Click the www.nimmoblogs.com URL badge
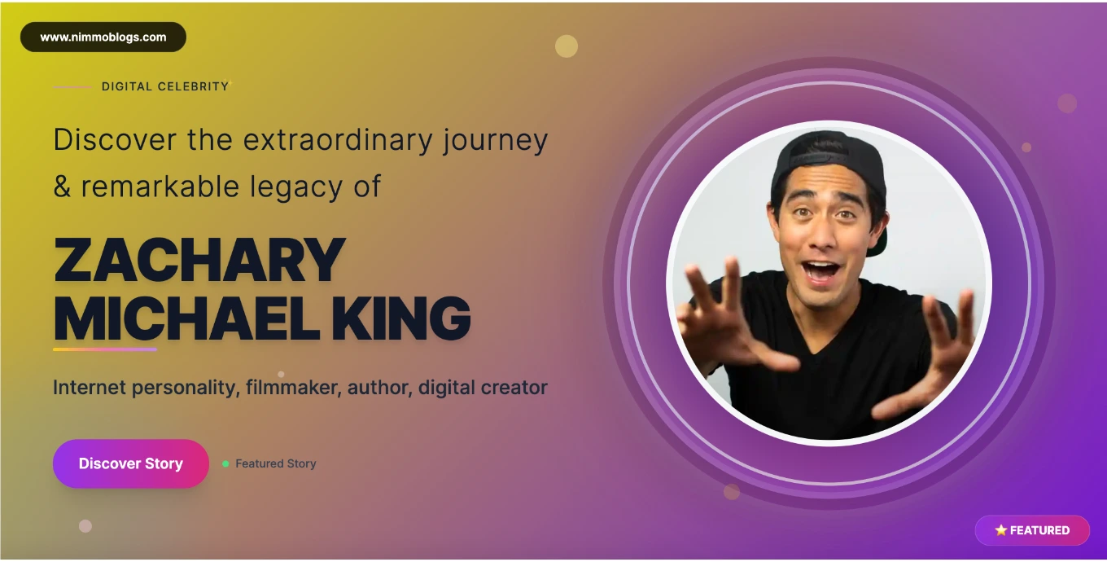click(x=103, y=37)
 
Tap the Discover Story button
click(x=131, y=463)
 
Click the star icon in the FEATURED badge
click(x=1000, y=530)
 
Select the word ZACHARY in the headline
click(x=199, y=260)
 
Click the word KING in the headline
click(x=400, y=318)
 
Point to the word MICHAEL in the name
click(x=186, y=318)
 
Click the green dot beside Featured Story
click(x=225, y=463)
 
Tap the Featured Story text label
click(x=276, y=463)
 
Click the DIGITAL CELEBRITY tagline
click(x=165, y=86)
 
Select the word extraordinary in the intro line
click(x=338, y=140)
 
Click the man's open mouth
click(x=820, y=272)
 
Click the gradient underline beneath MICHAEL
click(x=105, y=349)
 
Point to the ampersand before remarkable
click(x=62, y=187)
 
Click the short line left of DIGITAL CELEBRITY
click(x=72, y=87)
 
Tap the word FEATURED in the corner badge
click(x=1039, y=530)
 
